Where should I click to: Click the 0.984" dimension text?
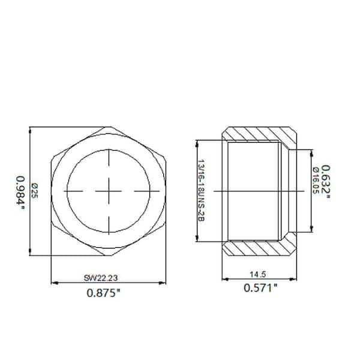tap(22, 191)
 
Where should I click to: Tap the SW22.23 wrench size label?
tap(109, 277)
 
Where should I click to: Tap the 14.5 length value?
tap(260, 274)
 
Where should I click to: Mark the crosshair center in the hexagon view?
tap(109, 191)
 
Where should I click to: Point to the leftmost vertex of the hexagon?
tap(52, 191)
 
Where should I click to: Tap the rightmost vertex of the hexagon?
tap(166, 191)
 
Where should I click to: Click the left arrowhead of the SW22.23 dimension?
tap(54, 283)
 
